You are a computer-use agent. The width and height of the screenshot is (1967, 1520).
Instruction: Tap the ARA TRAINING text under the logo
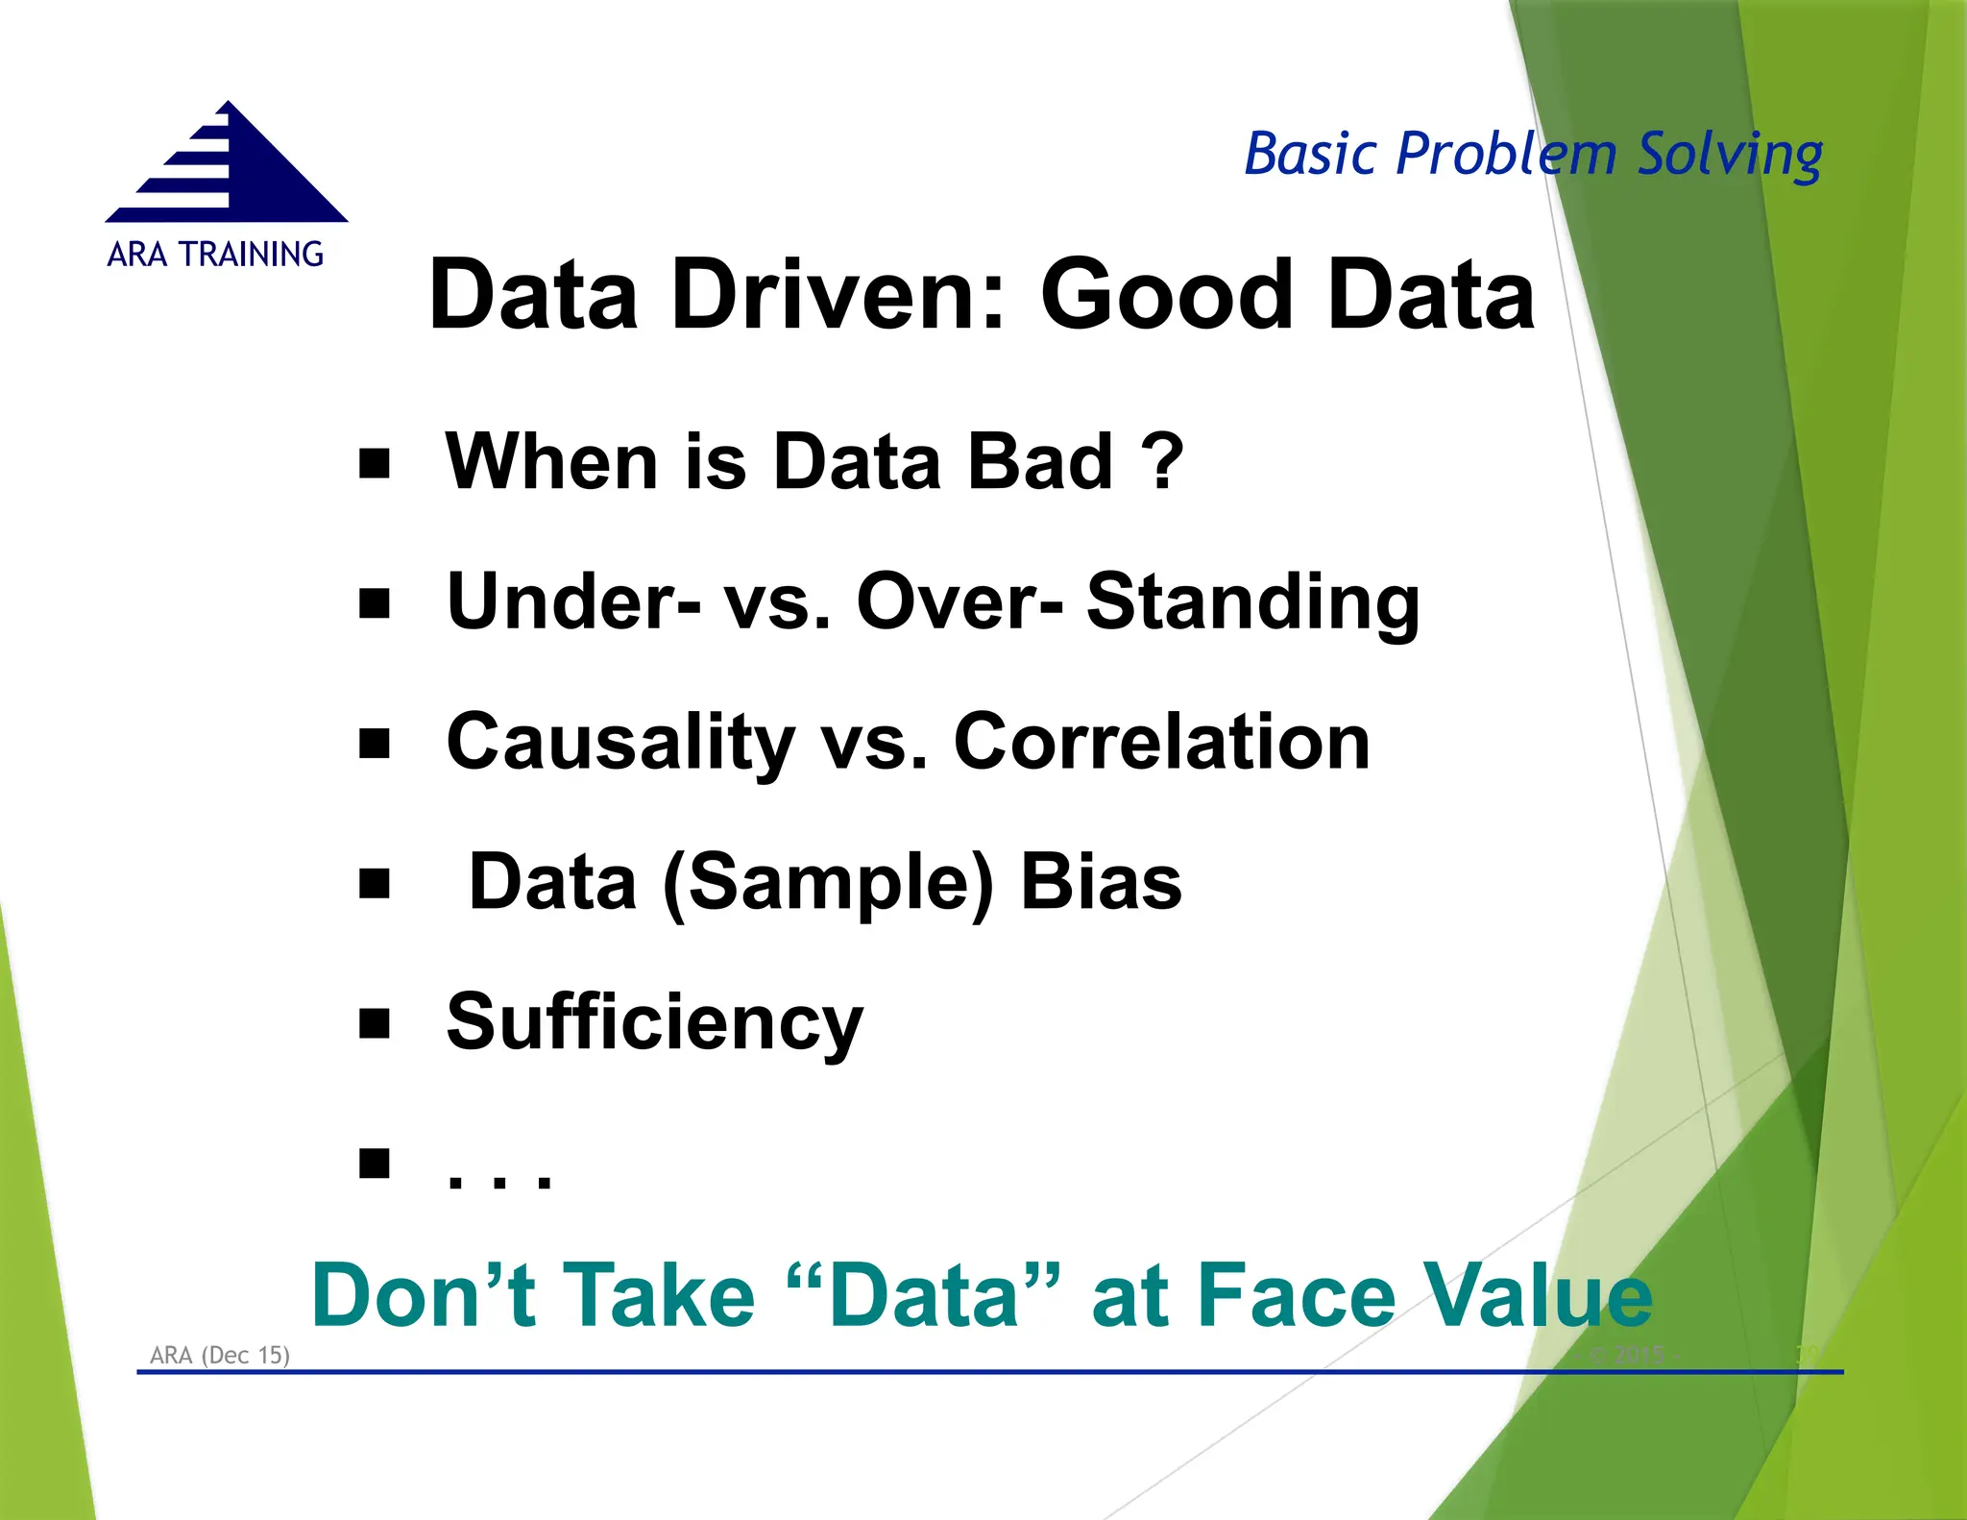[x=215, y=255]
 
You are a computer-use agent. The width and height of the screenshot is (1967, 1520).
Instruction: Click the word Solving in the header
[x=1729, y=156]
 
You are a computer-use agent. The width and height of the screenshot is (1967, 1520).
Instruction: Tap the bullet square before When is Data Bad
[x=375, y=464]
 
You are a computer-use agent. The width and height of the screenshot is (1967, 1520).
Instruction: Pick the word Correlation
[x=1161, y=743]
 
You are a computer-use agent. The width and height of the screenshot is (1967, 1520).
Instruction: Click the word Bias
[x=1101, y=883]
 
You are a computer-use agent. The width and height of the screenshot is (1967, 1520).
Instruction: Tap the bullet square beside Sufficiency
[x=375, y=1024]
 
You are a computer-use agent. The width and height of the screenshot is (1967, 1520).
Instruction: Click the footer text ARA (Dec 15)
[x=220, y=1355]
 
